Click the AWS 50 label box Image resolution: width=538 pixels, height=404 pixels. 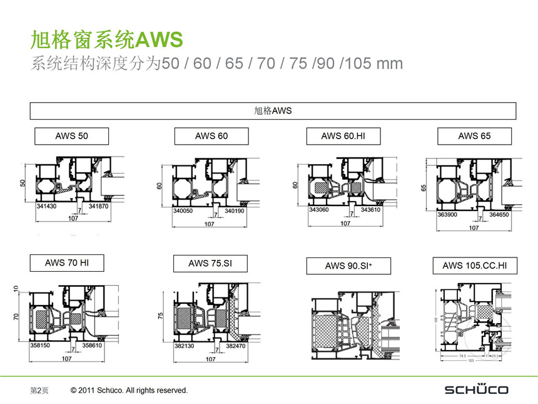[71, 137]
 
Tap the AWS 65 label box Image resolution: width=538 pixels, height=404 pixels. [474, 136]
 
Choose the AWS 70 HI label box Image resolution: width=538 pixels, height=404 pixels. [67, 263]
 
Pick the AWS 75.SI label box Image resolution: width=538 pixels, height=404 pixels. [210, 264]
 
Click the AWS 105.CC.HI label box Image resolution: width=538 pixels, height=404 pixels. [475, 266]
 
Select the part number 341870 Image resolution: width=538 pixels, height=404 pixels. [99, 206]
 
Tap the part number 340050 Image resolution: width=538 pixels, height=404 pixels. [183, 211]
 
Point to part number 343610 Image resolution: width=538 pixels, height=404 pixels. [370, 210]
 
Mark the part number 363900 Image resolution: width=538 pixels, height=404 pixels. [447, 215]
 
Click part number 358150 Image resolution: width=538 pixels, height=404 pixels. [41, 345]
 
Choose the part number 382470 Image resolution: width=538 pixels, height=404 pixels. [236, 345]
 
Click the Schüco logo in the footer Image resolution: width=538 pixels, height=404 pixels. [476, 390]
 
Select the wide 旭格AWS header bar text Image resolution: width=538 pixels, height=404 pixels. [273, 111]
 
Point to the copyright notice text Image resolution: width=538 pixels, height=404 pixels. [129, 390]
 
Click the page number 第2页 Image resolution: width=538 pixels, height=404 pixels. [39, 390]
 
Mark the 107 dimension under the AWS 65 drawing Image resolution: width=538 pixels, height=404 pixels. [474, 227]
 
